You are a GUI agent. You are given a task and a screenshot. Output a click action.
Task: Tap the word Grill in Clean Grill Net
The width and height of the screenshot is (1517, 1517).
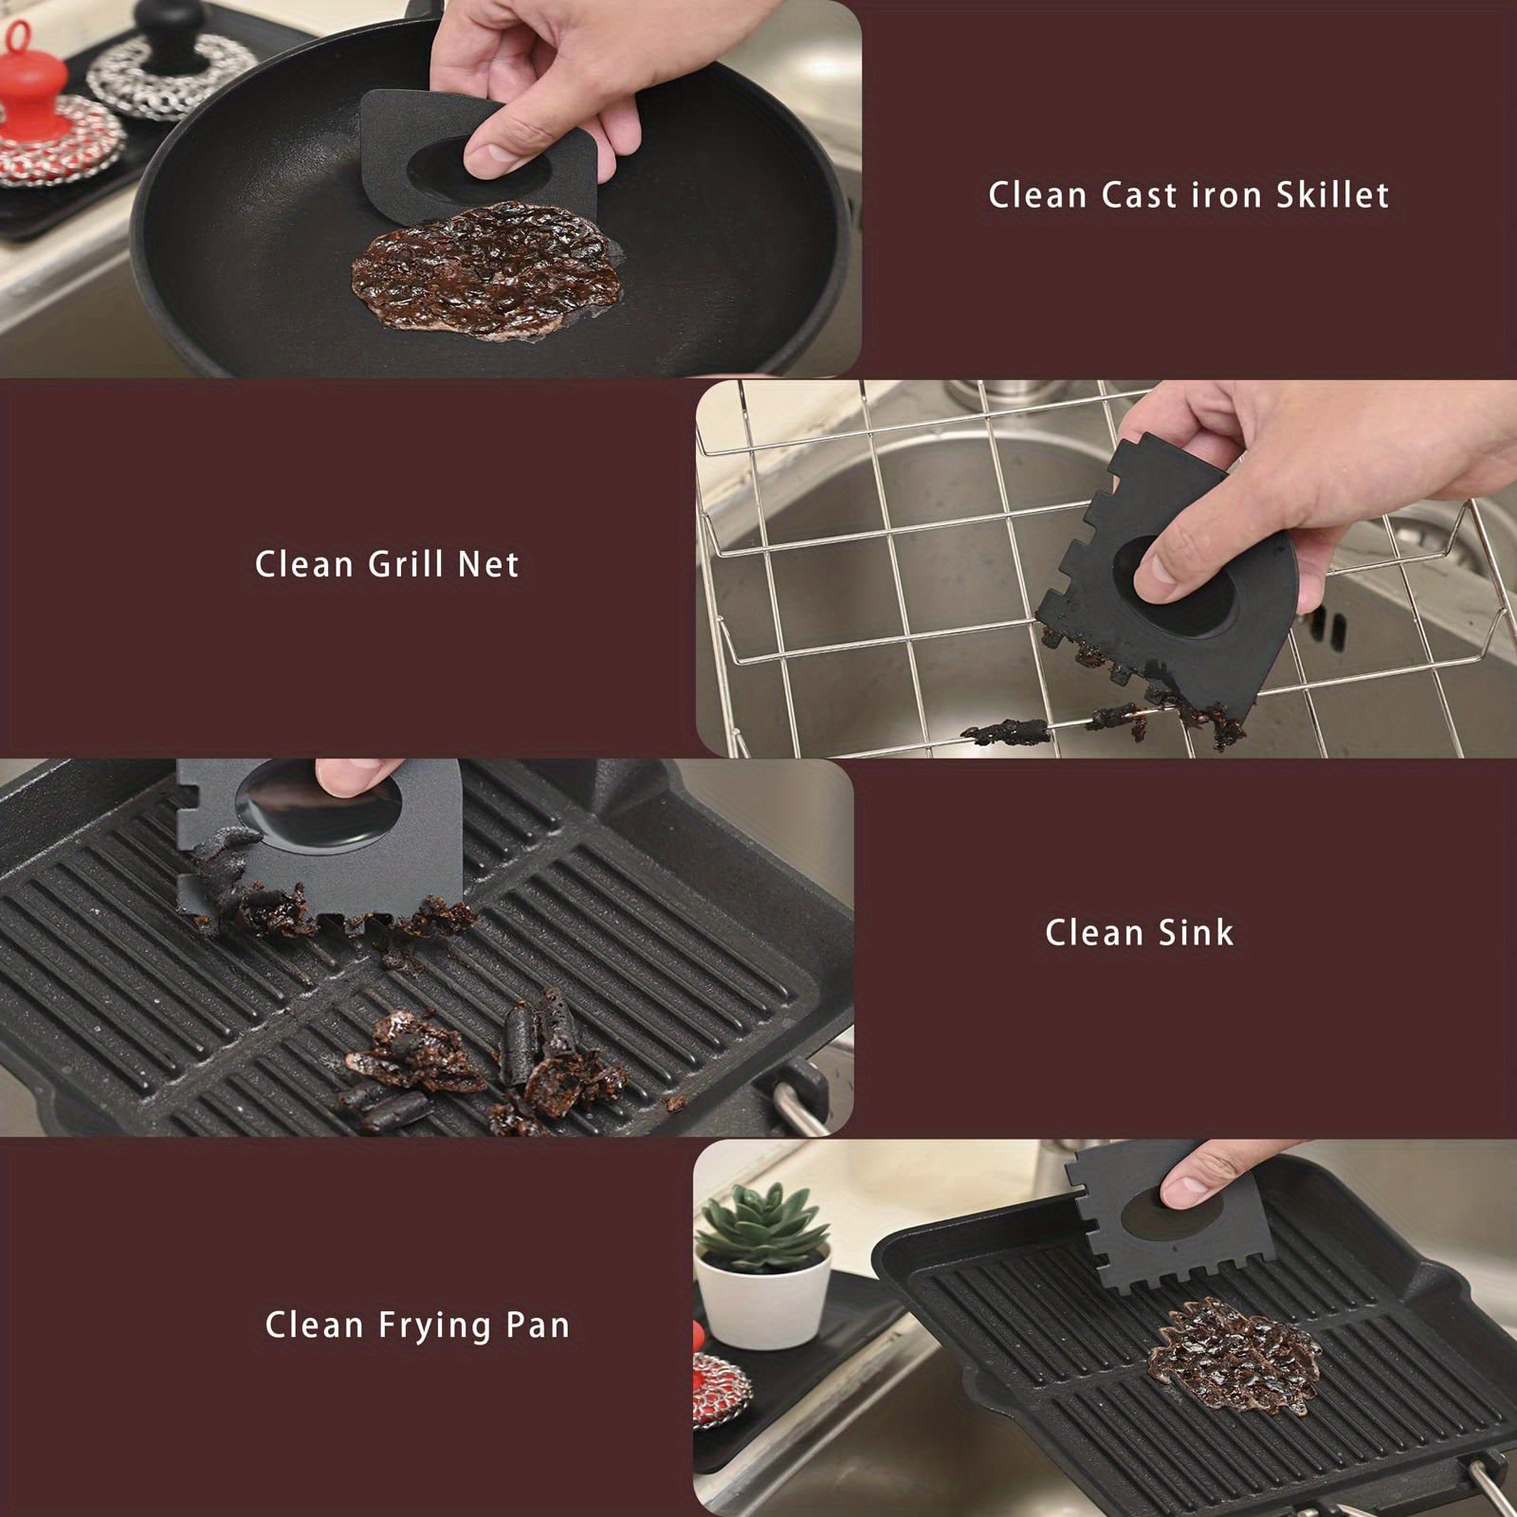point(406,565)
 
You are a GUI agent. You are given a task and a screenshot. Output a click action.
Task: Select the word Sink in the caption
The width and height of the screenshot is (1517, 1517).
point(1197,933)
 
